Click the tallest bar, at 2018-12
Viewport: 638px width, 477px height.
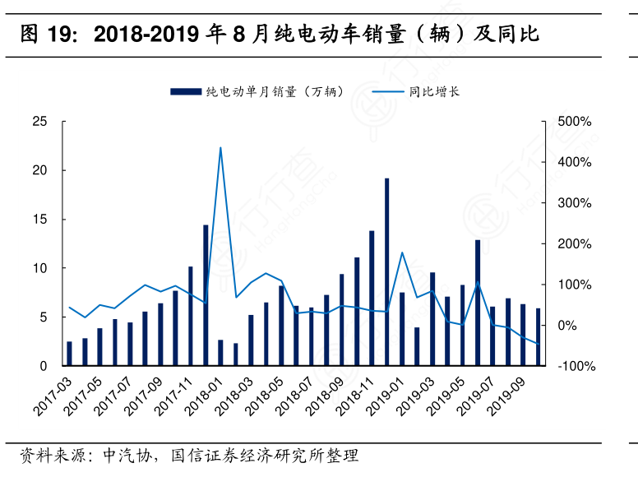pyautogui.click(x=386, y=271)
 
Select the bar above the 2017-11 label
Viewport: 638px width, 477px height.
pyautogui.click(x=190, y=316)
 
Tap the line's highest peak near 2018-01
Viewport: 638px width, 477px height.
pyautogui.click(x=220, y=148)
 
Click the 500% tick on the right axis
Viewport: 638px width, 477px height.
pyautogui.click(x=573, y=122)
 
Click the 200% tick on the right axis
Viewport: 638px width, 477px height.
pyautogui.click(x=573, y=244)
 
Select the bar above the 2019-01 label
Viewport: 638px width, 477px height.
pyautogui.click(x=402, y=329)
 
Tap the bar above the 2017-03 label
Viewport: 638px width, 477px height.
pyautogui.click(x=69, y=354)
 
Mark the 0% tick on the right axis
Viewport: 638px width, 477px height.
pyautogui.click(x=566, y=326)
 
